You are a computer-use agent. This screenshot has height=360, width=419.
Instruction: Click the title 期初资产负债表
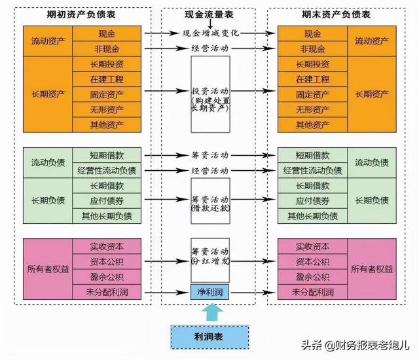(81, 14)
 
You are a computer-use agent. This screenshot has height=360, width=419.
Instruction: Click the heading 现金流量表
(209, 14)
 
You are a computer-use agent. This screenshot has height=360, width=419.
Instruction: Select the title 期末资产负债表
(336, 14)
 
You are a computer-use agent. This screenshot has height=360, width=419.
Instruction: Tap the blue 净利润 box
(209, 292)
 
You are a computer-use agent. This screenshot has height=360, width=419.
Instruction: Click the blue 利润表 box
(209, 337)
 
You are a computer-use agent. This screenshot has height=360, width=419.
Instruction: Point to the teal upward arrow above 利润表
(212, 312)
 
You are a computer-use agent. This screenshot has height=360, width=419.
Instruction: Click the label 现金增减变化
(211, 33)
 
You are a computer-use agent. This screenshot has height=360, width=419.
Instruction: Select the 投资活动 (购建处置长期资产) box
(210, 94)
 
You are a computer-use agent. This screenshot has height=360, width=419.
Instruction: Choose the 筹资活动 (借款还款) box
(210, 201)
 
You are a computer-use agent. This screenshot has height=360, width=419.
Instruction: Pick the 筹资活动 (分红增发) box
(210, 260)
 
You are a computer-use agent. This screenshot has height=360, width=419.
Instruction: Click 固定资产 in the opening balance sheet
(107, 94)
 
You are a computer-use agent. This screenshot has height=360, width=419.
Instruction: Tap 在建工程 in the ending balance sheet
(312, 79)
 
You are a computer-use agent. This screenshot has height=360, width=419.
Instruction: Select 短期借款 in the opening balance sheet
(107, 155)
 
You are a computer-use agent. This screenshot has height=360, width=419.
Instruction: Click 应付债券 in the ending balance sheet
(312, 201)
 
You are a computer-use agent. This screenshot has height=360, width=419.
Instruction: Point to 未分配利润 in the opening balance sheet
(107, 292)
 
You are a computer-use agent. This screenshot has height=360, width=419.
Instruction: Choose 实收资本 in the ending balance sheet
(312, 246)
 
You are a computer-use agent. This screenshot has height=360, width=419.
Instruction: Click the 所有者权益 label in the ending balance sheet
(372, 269)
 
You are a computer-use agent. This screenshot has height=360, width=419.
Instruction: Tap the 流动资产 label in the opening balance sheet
(48, 41)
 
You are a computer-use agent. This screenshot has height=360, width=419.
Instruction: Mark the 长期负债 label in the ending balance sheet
(372, 200)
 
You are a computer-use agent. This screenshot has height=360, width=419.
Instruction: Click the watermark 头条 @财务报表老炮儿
(355, 345)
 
